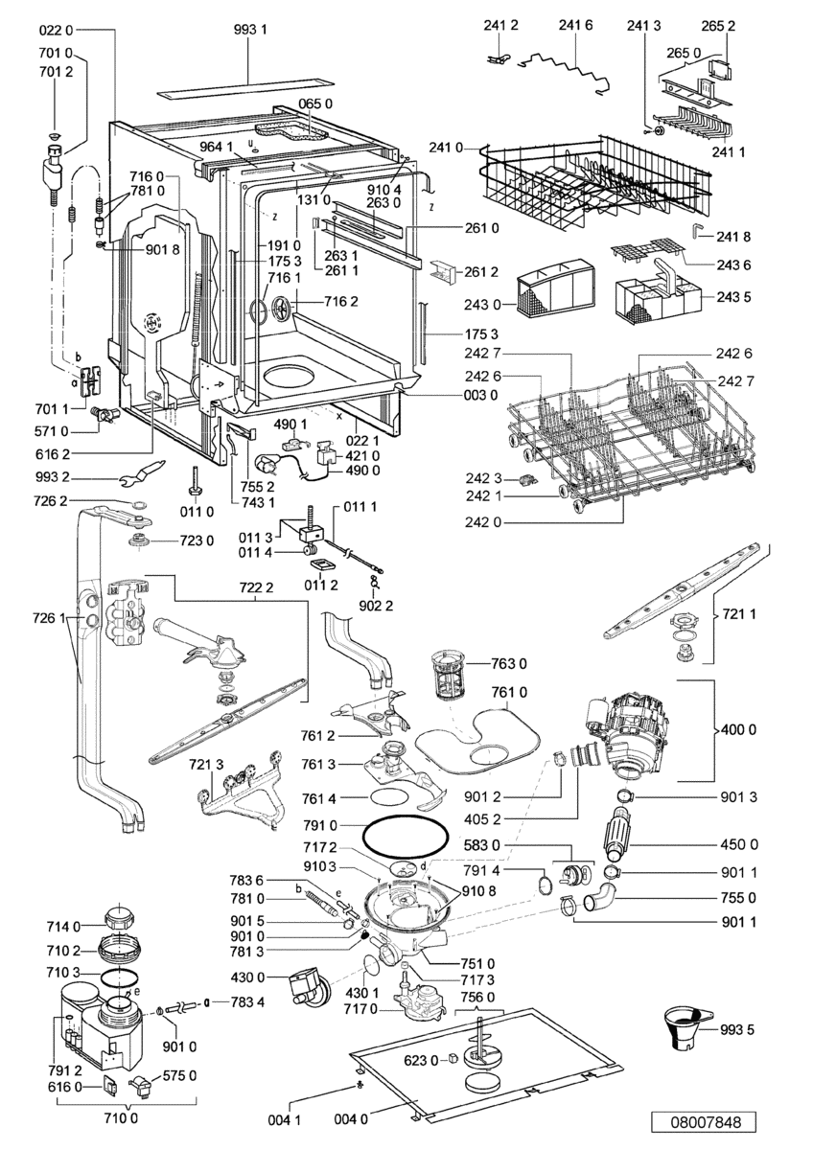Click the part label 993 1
pos(250,30)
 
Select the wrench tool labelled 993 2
pos(142,472)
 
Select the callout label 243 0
pos(481,305)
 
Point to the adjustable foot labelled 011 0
pos(197,480)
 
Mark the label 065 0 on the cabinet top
pos(315,103)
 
